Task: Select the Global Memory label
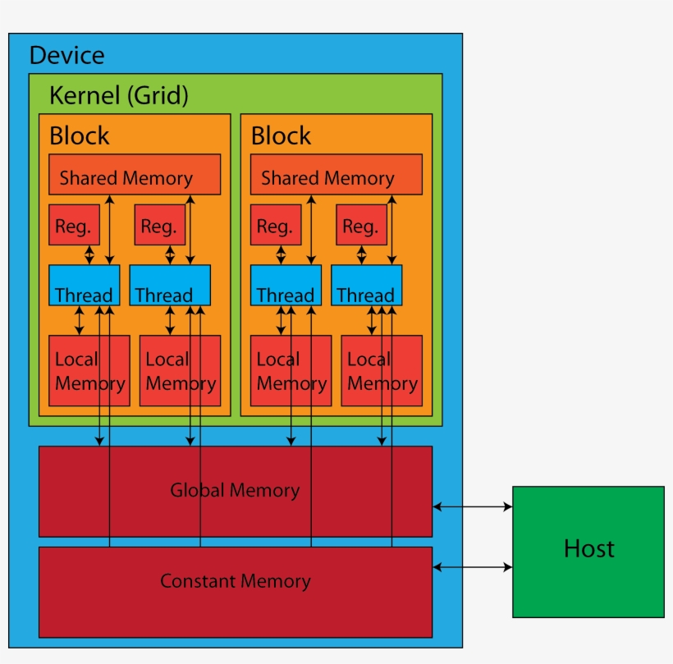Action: (x=235, y=491)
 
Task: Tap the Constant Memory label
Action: (x=235, y=582)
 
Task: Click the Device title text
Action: (x=67, y=56)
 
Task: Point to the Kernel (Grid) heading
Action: (x=119, y=96)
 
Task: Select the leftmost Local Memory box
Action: (x=89, y=371)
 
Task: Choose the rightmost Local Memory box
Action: (x=382, y=371)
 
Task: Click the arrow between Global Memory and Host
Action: (x=472, y=507)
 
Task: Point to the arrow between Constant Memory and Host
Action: (x=472, y=567)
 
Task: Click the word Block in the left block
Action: (x=79, y=135)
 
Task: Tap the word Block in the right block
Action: (x=281, y=135)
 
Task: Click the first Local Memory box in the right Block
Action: (x=291, y=371)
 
